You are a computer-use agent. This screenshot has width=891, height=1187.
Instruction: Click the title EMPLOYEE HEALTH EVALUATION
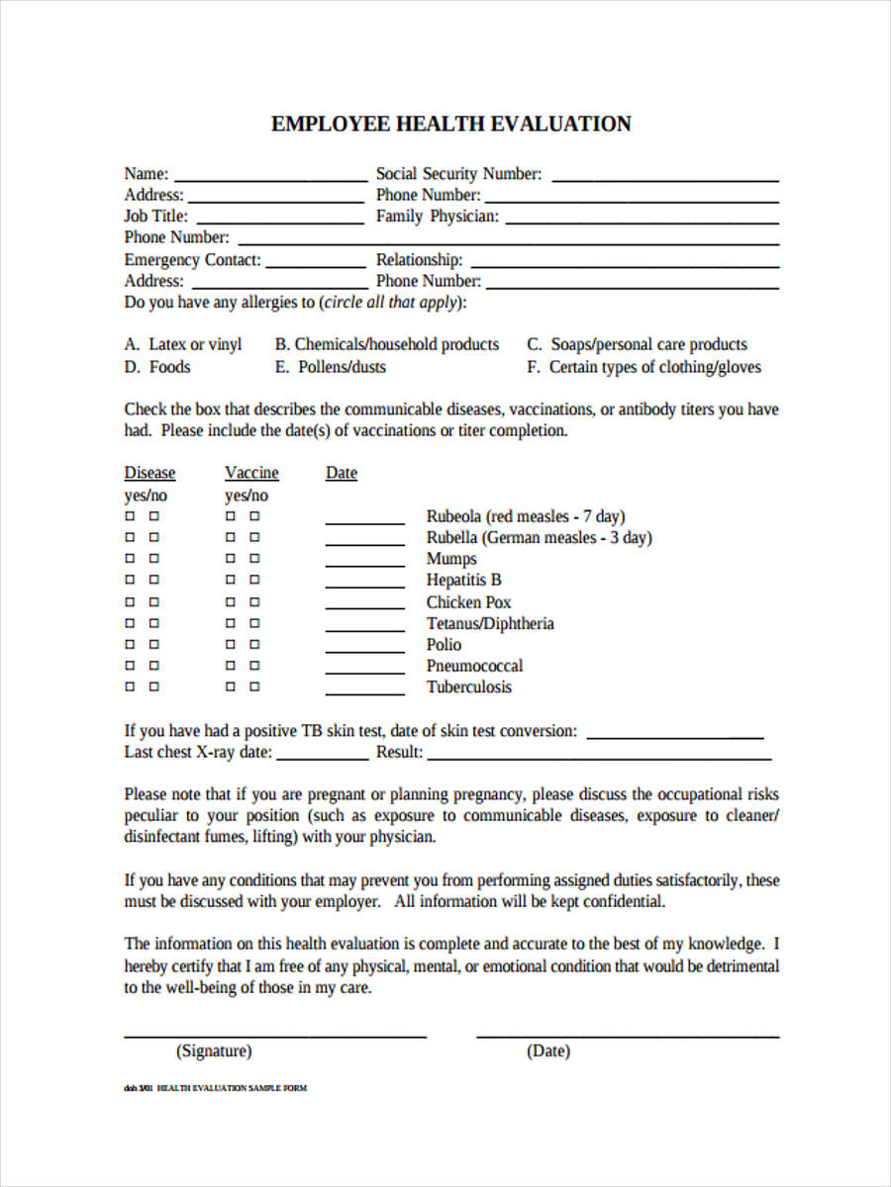click(x=450, y=124)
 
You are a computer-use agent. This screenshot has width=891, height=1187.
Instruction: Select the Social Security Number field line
click(x=664, y=179)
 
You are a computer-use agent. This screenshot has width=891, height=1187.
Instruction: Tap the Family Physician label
click(x=437, y=217)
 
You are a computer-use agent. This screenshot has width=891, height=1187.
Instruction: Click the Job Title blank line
click(x=280, y=222)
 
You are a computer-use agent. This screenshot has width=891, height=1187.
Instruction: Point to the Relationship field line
click(x=624, y=264)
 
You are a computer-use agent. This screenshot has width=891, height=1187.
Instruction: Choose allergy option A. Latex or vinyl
click(x=183, y=345)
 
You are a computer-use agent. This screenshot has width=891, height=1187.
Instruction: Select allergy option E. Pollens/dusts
click(x=330, y=367)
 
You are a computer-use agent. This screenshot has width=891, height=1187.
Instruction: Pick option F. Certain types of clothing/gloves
click(x=643, y=367)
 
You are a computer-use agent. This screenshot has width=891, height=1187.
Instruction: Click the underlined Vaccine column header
click(x=251, y=473)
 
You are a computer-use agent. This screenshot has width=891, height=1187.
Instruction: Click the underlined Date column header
click(x=342, y=473)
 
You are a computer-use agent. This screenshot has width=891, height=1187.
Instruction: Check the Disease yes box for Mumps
click(x=130, y=559)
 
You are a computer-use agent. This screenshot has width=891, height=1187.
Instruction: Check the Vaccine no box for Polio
click(x=254, y=644)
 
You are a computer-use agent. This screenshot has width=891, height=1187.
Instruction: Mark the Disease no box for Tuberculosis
click(x=153, y=686)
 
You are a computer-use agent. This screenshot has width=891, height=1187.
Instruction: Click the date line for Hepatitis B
click(x=364, y=586)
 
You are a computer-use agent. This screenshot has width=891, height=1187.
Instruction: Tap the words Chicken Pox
click(x=468, y=602)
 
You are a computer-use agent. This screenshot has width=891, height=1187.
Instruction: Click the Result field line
click(x=599, y=757)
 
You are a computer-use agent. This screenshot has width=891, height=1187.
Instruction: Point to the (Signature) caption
click(x=214, y=1051)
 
